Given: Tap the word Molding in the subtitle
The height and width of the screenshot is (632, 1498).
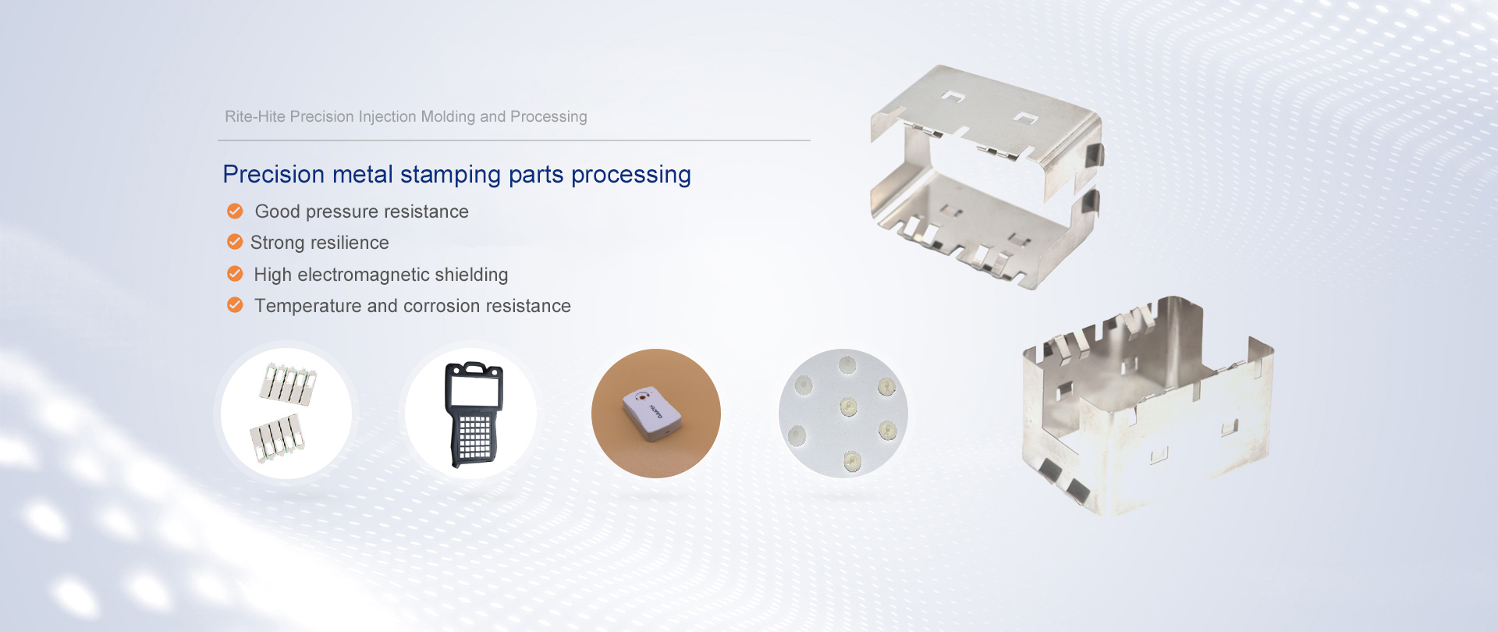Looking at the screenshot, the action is tap(448, 116).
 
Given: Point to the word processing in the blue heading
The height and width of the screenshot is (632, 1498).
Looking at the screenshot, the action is tap(631, 175).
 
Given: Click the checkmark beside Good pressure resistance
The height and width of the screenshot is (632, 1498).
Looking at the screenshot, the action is tap(235, 211).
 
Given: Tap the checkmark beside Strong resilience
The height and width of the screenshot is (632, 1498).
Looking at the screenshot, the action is tap(235, 242).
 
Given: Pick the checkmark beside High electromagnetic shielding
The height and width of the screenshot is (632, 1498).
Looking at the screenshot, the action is tap(235, 274).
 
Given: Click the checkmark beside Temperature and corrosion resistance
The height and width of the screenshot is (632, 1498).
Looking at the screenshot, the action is tap(235, 305).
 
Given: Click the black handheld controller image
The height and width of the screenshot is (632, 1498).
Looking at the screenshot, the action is tap(474, 414).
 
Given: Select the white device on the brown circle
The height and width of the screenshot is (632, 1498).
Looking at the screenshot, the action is tap(652, 413).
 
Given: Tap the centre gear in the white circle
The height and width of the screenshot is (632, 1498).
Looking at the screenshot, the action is tap(848, 406).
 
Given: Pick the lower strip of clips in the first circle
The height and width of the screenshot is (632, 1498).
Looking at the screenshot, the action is tap(276, 438).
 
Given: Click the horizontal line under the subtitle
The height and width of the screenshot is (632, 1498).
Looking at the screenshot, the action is tap(514, 140).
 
